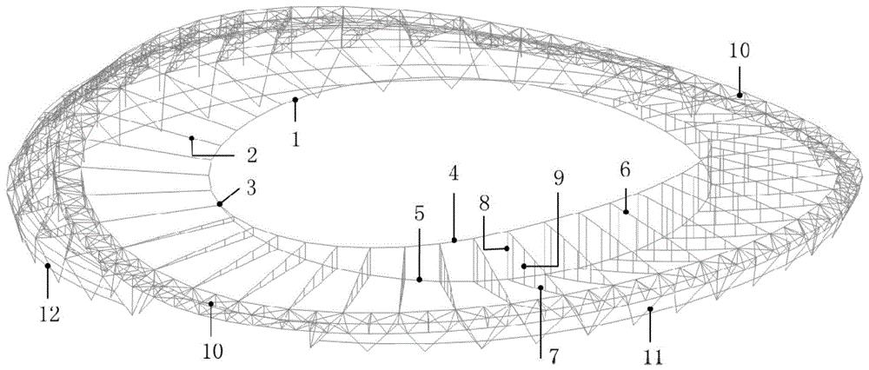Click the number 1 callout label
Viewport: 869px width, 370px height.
click(x=296, y=140)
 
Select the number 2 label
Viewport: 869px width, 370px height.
click(x=252, y=155)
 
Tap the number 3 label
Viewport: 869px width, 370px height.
click(x=251, y=188)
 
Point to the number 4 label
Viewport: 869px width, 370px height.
click(x=454, y=175)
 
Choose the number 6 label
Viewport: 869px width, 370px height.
click(x=625, y=171)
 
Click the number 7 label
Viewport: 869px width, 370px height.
click(x=541, y=353)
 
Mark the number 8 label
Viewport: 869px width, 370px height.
click(x=484, y=204)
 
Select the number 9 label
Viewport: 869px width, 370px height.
click(x=558, y=178)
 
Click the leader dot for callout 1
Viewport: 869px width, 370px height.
click(x=295, y=100)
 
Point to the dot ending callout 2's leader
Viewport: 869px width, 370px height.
click(x=192, y=138)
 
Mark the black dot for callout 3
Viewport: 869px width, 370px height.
click(x=220, y=204)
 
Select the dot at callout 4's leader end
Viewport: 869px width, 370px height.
click(x=454, y=240)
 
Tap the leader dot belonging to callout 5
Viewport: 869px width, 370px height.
click(x=420, y=280)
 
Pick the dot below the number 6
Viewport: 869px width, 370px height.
click(x=626, y=212)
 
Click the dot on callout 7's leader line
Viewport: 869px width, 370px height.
click(x=541, y=287)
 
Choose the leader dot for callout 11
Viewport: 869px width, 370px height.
click(x=650, y=309)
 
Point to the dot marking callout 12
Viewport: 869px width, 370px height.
click(x=48, y=266)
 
